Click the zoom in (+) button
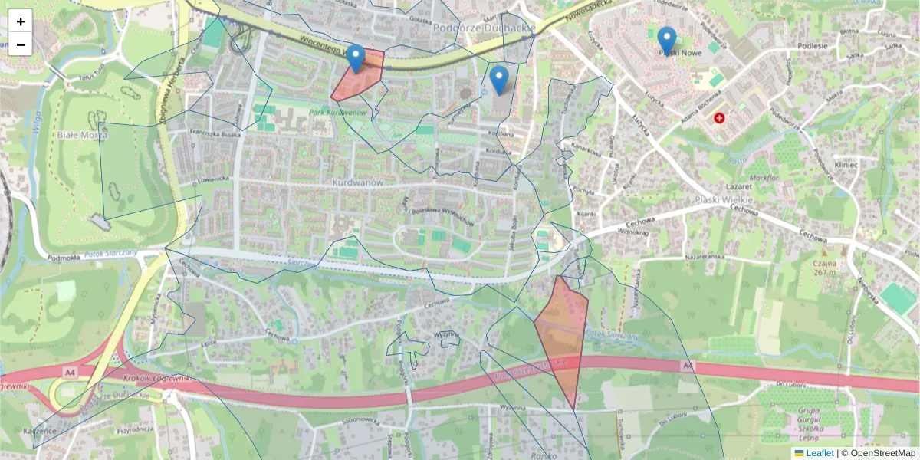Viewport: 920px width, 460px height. tap(20, 21)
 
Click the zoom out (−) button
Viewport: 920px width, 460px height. tap(20, 44)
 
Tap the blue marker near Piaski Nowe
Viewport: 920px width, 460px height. tap(667, 41)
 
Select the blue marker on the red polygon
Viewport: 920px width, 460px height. tap(355, 58)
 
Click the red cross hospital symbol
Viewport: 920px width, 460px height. tap(719, 118)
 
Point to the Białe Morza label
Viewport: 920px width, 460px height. tap(82, 135)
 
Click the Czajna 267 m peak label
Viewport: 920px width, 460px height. tap(825, 267)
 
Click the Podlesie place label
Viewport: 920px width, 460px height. tap(813, 45)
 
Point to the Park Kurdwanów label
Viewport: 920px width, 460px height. tap(338, 113)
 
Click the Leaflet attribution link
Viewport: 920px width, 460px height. tap(819, 453)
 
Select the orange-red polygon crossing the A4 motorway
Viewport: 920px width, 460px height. tap(562, 337)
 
